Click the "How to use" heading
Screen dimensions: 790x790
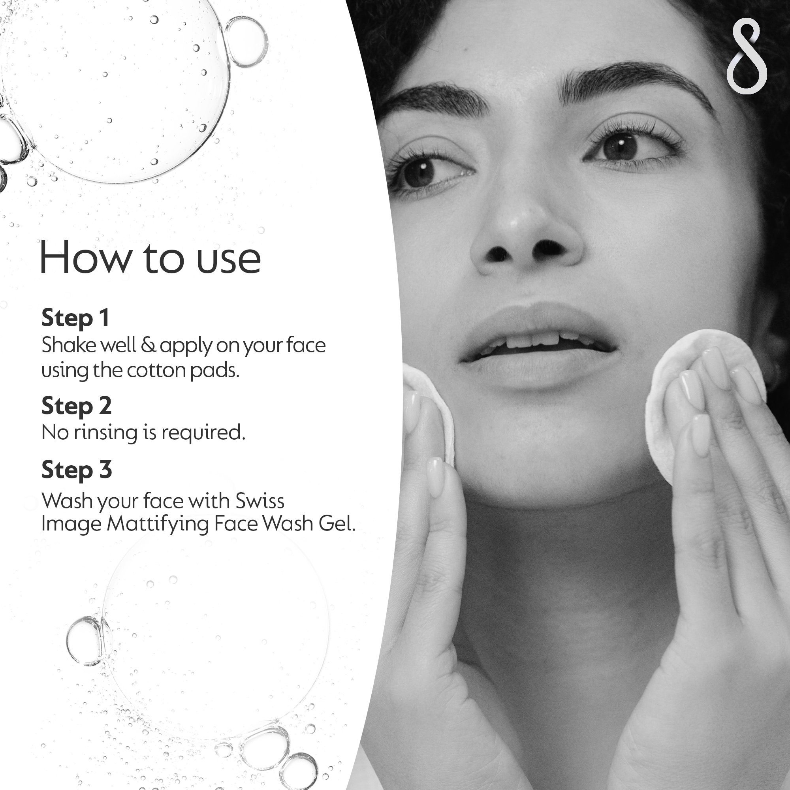tap(150, 258)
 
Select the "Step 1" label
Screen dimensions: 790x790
tap(76, 318)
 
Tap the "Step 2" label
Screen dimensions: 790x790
tap(77, 406)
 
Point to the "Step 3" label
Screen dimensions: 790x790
tap(77, 469)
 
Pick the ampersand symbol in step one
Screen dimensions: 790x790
tap(148, 345)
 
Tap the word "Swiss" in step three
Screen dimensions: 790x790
tap(260, 500)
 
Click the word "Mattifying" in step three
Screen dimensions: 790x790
tap(158, 524)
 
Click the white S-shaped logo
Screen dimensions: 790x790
tap(747, 56)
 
